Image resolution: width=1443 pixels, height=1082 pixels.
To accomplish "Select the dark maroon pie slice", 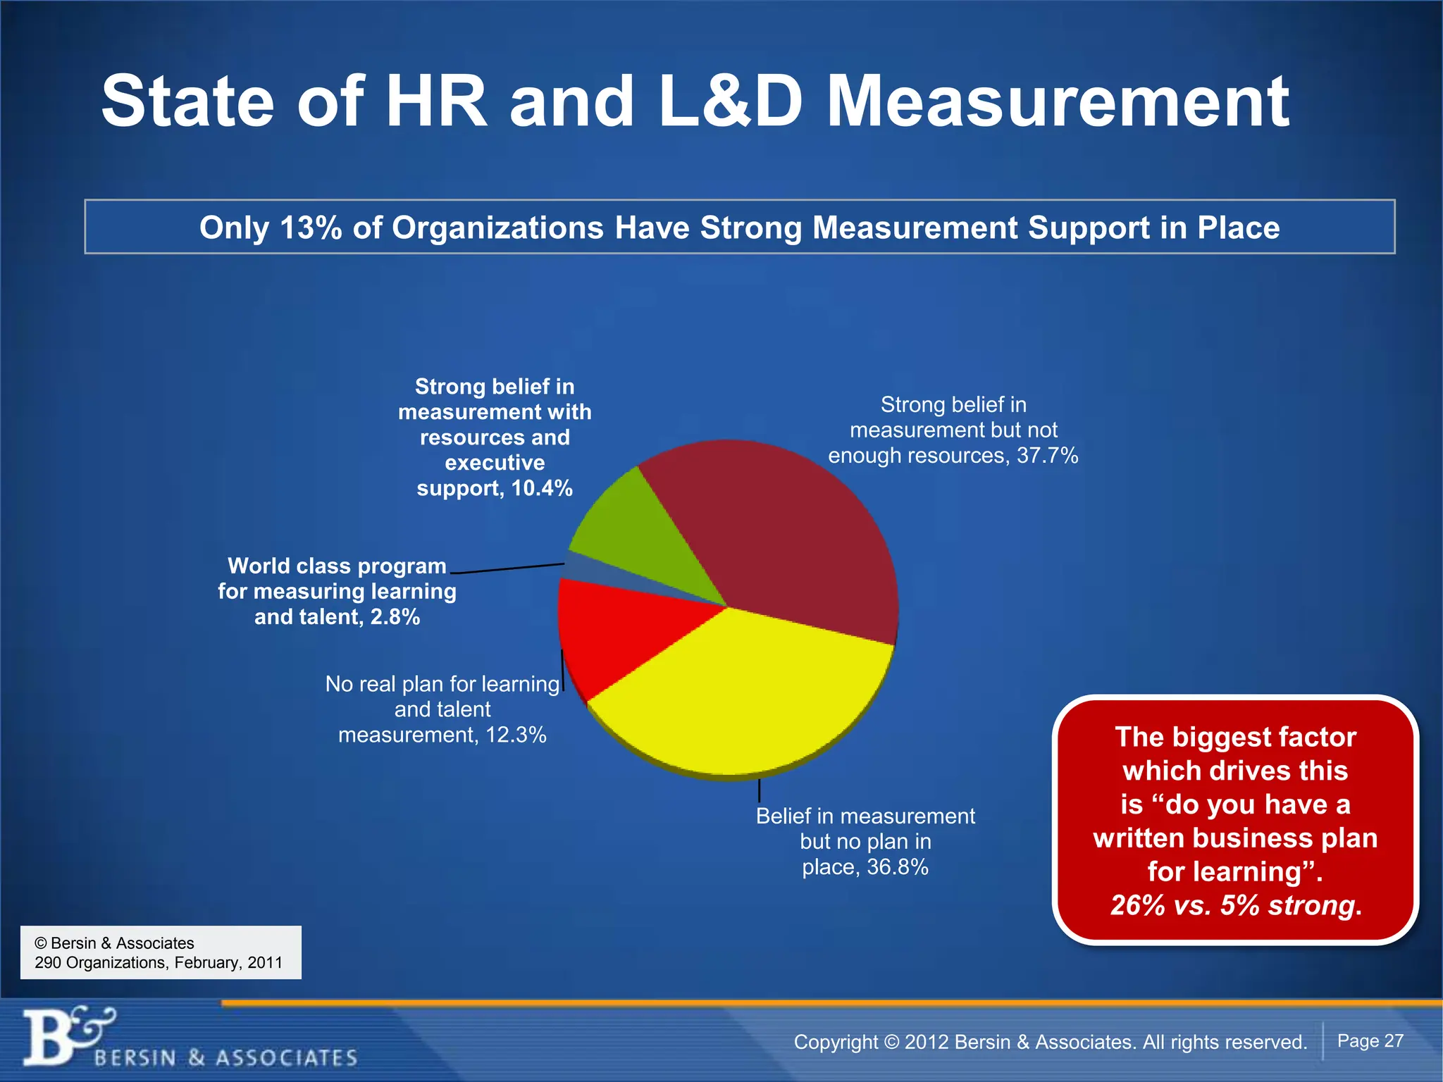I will (x=789, y=535).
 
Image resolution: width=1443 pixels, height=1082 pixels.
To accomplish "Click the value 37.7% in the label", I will (x=1047, y=456).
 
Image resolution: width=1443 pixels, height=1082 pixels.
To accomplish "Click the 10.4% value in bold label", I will (x=541, y=488).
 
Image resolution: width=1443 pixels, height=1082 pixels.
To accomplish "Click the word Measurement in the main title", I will (x=1057, y=102).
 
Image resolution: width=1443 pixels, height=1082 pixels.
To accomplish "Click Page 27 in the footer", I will (x=1370, y=1040).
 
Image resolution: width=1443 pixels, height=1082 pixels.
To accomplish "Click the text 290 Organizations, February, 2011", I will (x=159, y=962).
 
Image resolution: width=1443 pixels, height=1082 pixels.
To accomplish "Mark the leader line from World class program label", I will (x=507, y=568).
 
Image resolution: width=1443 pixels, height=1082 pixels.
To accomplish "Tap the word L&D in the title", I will (x=731, y=102).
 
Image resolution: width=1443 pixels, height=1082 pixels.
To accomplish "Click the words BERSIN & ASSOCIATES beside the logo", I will (x=225, y=1057).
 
